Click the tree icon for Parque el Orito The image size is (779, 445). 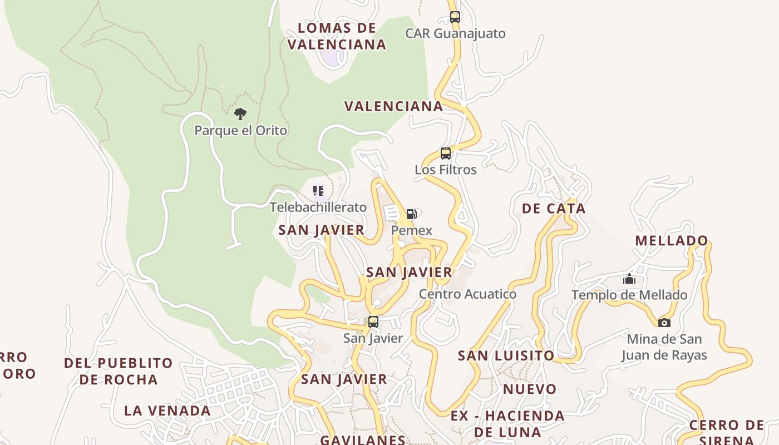[240, 114]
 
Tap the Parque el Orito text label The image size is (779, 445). [240, 131]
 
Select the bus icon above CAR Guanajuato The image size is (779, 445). [455, 17]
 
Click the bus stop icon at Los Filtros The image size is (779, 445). [446, 154]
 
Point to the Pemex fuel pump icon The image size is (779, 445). [411, 214]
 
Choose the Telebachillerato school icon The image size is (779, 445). [318, 191]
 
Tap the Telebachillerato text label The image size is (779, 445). [318, 207]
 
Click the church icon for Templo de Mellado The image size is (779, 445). [629, 279]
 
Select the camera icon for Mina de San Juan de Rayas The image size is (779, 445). [664, 323]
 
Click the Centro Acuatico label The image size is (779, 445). [467, 294]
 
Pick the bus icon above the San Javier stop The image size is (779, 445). [373, 322]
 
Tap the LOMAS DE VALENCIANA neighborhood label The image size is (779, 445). [337, 36]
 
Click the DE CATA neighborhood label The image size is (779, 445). [554, 209]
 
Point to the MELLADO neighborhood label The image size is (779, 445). [672, 241]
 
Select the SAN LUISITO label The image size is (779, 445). [506, 355]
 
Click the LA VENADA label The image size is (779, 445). [167, 411]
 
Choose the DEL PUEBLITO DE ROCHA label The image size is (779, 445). [119, 371]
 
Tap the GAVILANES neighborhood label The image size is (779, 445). [363, 439]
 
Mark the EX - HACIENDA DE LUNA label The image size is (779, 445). [507, 423]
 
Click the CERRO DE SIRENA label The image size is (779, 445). [727, 433]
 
